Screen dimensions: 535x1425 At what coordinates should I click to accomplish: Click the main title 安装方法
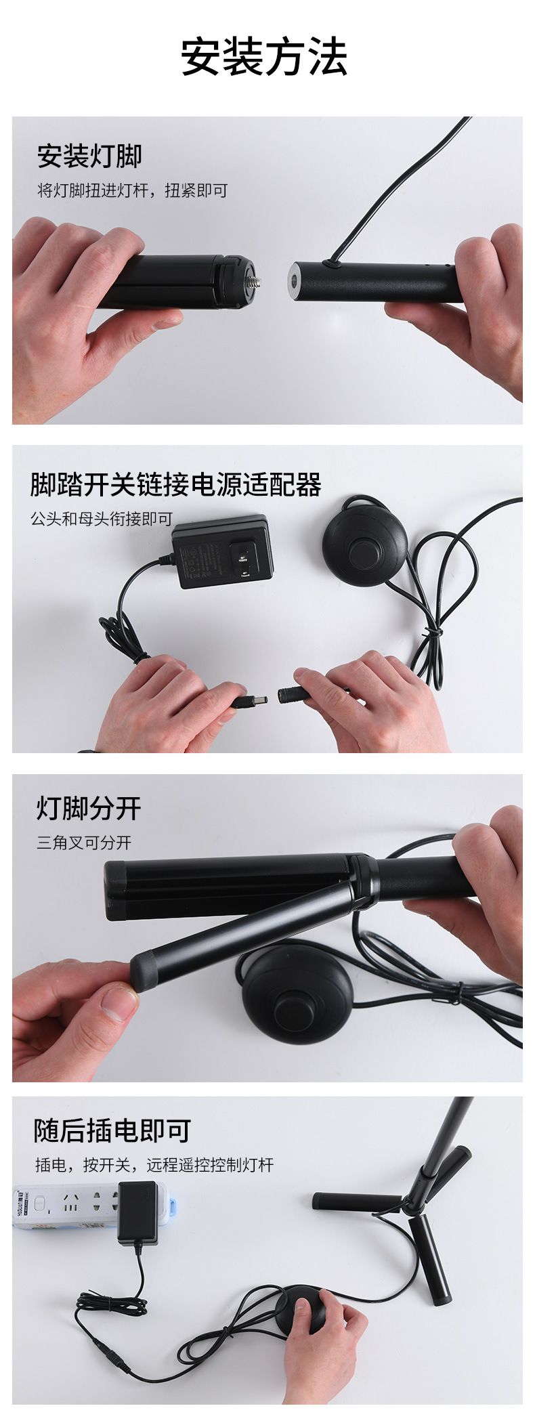(264, 57)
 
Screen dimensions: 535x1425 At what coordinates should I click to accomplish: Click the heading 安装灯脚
(89, 156)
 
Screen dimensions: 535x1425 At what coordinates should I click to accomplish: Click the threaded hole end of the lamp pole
(296, 279)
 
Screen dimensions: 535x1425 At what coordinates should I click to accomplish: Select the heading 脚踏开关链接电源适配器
(176, 485)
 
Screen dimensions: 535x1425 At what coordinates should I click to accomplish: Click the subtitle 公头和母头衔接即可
(102, 519)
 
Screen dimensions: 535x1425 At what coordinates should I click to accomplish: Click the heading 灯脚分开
(89, 808)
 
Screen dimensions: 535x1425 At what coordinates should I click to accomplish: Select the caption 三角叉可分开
(84, 843)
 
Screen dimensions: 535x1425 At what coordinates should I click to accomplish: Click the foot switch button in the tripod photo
(296, 1007)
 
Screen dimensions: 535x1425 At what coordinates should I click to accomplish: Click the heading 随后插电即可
(112, 1130)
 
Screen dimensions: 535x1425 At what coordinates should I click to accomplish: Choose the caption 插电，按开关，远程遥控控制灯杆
(154, 1165)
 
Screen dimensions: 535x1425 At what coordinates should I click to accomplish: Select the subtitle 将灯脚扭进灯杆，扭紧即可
(132, 191)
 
